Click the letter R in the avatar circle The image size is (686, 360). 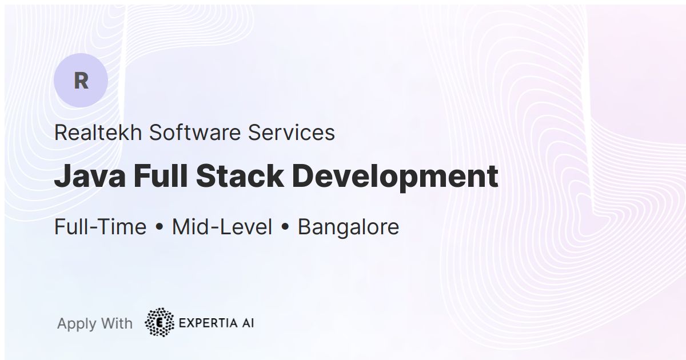(81, 81)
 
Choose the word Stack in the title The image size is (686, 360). (240, 177)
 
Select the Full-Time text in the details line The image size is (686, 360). (100, 227)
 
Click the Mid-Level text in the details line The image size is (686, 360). (222, 227)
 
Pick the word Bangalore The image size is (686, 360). (348, 227)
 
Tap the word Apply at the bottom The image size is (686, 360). (77, 324)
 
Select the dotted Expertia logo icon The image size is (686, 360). (159, 323)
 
